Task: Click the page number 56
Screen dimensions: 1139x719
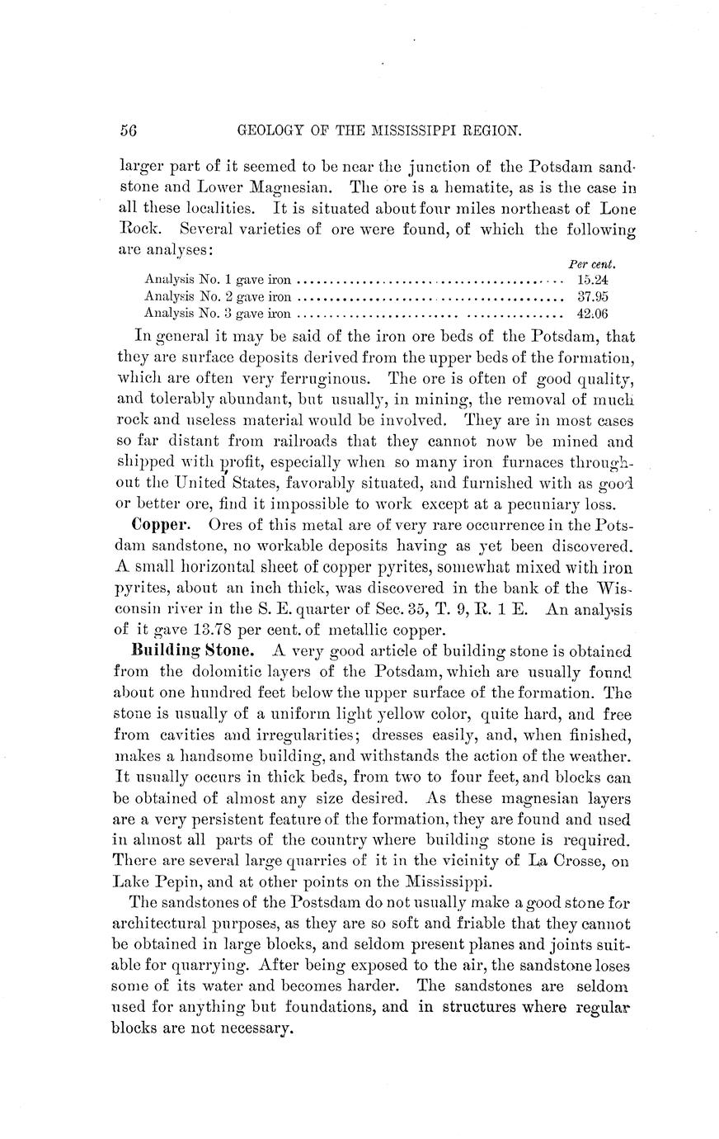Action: click(127, 131)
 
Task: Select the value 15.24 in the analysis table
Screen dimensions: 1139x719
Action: click(592, 280)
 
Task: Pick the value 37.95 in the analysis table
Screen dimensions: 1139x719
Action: click(592, 296)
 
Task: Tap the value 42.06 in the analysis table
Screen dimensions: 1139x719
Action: click(592, 314)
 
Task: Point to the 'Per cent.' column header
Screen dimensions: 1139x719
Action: click(594, 265)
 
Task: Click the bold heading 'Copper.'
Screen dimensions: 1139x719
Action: click(162, 525)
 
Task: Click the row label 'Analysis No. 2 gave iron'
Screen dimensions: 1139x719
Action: click(218, 296)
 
